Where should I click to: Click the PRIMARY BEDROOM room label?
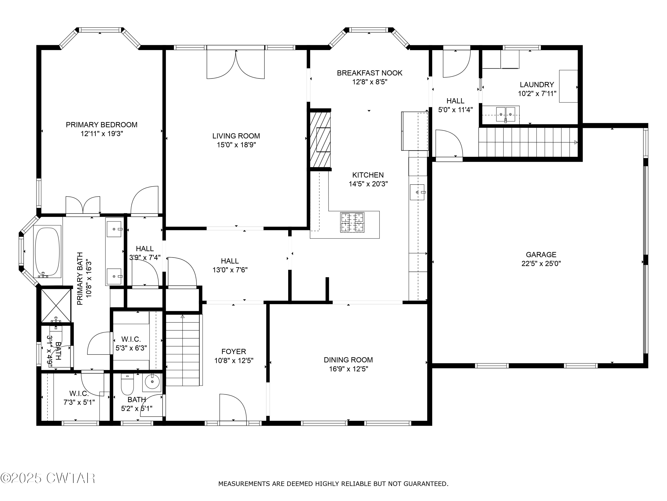point(102,125)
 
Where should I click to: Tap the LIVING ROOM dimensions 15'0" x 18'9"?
point(236,145)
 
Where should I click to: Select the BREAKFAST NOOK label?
point(370,73)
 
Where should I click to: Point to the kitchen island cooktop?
point(352,223)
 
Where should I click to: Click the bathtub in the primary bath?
point(47,252)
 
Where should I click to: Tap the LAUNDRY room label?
point(537,85)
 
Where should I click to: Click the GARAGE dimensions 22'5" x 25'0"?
point(541,264)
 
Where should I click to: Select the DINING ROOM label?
point(348,360)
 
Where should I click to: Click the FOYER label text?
point(234,352)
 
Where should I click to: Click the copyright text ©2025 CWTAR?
point(48,478)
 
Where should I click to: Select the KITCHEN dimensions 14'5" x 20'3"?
point(368,184)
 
